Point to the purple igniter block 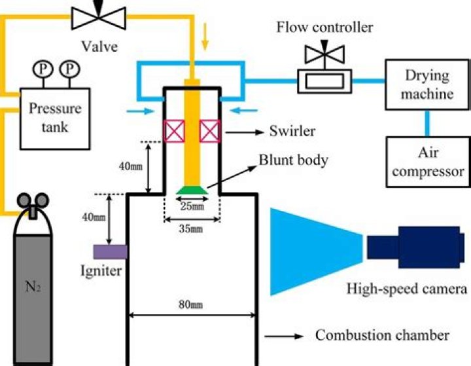(111, 251)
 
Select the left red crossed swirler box (173, 131)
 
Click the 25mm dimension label (192, 208)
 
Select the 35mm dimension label (192, 230)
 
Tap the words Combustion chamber (382, 336)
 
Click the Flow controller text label (325, 27)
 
